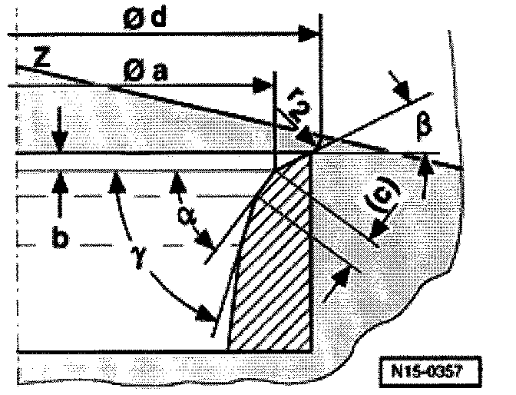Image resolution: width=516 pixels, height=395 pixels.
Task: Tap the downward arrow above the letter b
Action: click(60, 142)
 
